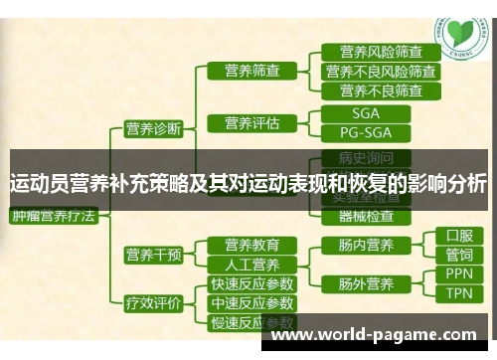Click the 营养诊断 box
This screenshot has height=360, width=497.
[x=153, y=128]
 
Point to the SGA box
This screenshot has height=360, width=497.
[x=365, y=113]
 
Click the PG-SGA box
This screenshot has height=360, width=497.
[x=365, y=132]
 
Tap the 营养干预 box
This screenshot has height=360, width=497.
[x=153, y=255]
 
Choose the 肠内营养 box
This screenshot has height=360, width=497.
[x=358, y=245]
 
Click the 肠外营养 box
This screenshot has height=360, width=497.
[x=358, y=283]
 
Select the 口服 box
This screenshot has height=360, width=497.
[x=459, y=237]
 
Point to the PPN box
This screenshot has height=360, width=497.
[x=459, y=274]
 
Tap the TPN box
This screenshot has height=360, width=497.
[x=459, y=293]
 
